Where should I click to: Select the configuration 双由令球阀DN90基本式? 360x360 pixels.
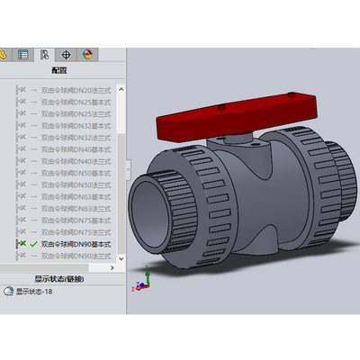76,244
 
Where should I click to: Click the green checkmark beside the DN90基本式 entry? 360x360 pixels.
33,244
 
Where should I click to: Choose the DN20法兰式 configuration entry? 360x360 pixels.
76,90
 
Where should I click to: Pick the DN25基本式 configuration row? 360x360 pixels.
76,103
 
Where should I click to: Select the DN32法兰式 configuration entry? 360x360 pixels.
76,138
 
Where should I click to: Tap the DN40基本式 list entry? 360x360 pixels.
76,149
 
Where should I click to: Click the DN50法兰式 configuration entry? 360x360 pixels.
76,184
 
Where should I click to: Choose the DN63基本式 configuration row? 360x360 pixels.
76,196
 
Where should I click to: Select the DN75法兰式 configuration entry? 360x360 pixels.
76,232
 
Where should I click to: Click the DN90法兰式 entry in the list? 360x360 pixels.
76,256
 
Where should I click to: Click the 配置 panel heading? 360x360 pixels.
59,69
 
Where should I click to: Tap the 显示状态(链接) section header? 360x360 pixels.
59,279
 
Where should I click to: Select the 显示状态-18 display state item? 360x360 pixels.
36,292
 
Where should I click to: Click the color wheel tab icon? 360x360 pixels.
87,54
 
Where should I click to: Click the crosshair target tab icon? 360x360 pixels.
67,54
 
